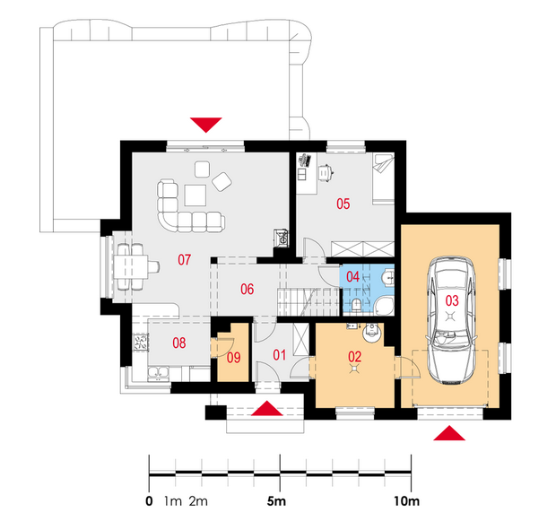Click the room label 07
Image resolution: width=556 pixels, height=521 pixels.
point(184,260)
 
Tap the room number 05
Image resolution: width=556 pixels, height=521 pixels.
point(343,204)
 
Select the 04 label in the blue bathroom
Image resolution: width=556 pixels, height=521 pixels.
point(352,276)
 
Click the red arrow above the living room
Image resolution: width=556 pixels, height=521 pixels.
point(206,125)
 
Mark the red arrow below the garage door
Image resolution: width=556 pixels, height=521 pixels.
point(449,433)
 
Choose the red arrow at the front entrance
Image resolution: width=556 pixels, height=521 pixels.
point(267,408)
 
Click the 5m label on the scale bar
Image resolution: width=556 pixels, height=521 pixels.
point(276,501)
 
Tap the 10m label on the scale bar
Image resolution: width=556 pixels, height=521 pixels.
point(406,501)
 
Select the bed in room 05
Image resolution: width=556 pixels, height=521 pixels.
point(383,178)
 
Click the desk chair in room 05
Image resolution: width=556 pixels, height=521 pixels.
point(326,172)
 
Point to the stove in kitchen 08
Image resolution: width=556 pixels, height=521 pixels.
point(141,343)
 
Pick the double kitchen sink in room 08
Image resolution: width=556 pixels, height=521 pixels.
point(159,373)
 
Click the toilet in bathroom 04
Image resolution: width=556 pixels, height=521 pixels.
point(357,305)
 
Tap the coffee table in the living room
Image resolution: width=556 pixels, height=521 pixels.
point(195,195)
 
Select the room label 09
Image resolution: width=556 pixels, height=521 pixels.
point(234,358)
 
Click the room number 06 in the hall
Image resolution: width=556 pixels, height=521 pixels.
point(248,290)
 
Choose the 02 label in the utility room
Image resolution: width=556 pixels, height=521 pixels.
point(354,356)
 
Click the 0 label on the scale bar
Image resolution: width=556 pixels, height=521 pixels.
point(149,501)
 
